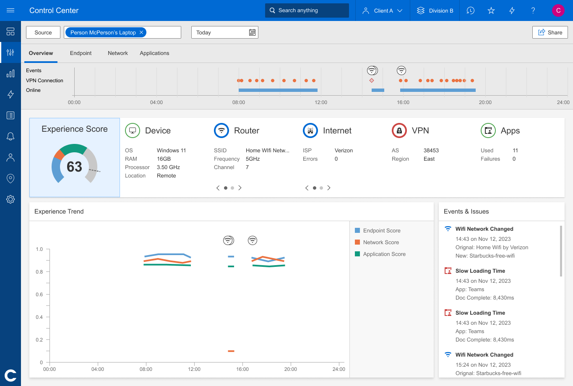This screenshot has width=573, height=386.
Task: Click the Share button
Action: (550, 32)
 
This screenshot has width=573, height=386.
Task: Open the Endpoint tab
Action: (81, 53)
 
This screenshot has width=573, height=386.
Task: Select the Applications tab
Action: (154, 53)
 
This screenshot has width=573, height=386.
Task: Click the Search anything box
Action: (307, 10)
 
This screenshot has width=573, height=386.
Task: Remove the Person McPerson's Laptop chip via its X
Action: (142, 32)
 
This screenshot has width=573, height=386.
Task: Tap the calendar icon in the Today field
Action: (252, 32)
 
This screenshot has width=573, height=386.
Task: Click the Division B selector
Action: (435, 10)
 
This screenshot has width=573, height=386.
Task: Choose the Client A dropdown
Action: (382, 10)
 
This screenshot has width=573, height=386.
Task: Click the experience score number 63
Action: (74, 167)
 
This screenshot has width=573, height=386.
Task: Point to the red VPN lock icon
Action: (399, 130)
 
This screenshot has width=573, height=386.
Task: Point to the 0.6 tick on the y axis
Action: (39, 295)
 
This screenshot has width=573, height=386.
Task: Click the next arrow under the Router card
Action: (240, 188)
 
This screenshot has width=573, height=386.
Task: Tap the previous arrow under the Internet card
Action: (307, 188)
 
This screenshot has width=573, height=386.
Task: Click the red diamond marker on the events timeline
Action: (372, 81)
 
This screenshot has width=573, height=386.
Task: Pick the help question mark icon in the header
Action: (533, 10)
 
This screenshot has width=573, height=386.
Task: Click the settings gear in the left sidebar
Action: (10, 199)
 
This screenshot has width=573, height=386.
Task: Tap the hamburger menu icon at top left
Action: (10, 10)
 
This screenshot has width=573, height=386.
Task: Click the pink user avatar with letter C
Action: (558, 10)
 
